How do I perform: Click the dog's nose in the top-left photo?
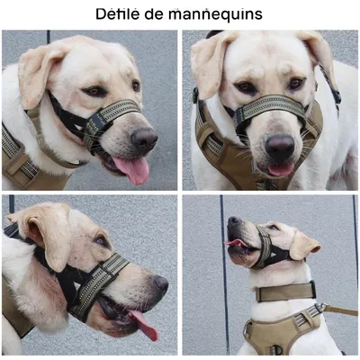(144, 139)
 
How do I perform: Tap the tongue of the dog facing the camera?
(280, 168)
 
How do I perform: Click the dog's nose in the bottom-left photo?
(159, 285)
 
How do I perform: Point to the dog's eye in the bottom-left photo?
(102, 241)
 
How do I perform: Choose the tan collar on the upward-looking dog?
(284, 292)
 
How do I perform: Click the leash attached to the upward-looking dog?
(340, 310)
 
